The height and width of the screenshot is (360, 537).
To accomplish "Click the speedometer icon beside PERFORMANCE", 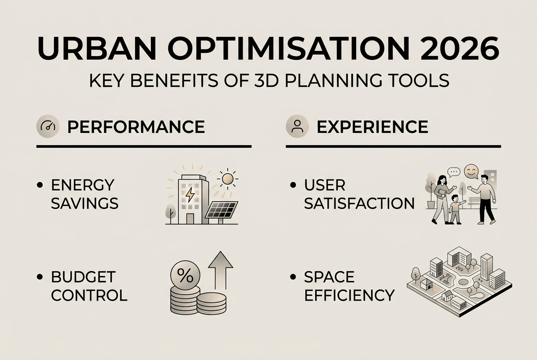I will (x=48, y=127).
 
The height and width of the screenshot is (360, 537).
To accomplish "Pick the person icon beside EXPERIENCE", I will (x=297, y=127).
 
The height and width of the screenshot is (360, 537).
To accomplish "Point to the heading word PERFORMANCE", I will (x=136, y=127).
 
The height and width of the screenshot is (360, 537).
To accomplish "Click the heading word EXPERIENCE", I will (x=373, y=127).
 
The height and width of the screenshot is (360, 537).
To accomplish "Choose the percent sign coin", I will (x=185, y=277).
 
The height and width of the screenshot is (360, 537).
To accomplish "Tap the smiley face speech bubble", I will (x=471, y=172).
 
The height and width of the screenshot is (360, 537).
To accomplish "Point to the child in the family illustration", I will (x=455, y=208).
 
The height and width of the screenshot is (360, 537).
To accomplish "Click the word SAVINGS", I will (x=85, y=203).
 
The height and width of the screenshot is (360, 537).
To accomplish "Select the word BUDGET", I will (x=83, y=277).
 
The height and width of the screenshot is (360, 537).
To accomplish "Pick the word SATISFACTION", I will (x=359, y=203).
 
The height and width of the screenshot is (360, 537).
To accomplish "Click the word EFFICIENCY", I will (x=349, y=295).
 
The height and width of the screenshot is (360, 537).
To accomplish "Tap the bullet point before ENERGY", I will (x=40, y=185).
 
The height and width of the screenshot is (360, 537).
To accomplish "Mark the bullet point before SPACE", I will (x=293, y=277).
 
